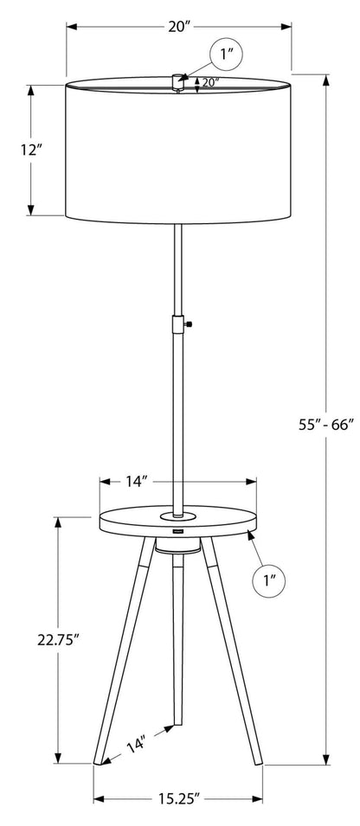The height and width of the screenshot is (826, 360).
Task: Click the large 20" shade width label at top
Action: pyautogui.click(x=179, y=27)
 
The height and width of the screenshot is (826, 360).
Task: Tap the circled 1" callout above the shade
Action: pyautogui.click(x=226, y=57)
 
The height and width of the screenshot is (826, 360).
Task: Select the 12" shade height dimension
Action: pyautogui.click(x=32, y=150)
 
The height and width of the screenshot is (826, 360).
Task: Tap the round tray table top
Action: pyautogui.click(x=178, y=522)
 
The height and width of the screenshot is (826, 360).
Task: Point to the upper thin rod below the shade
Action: pyautogui.click(x=179, y=268)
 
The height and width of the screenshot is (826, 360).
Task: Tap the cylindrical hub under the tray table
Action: pyautogui.click(x=179, y=548)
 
